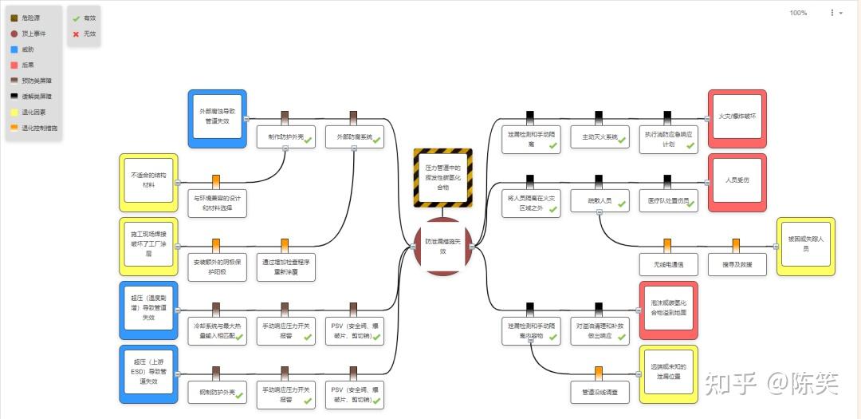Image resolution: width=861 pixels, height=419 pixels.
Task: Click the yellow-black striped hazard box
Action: (x=443, y=177)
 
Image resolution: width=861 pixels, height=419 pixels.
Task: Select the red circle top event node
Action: (x=443, y=247)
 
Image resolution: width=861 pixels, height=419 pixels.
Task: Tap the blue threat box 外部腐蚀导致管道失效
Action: (x=217, y=118)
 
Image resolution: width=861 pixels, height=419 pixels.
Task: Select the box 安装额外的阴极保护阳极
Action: (x=217, y=267)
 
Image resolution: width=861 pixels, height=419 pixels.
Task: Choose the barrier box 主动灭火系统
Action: (x=600, y=136)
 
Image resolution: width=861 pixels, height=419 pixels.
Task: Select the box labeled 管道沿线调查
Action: (x=600, y=391)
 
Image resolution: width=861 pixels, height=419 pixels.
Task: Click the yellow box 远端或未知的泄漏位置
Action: (x=668, y=374)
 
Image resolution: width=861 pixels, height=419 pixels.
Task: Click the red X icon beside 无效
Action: (x=76, y=34)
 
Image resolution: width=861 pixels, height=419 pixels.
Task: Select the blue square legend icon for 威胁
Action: (x=14, y=49)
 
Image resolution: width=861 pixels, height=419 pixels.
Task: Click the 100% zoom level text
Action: (x=798, y=13)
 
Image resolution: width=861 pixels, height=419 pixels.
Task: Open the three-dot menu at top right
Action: (x=832, y=13)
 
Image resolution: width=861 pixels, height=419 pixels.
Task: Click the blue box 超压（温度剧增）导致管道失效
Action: (x=148, y=310)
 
